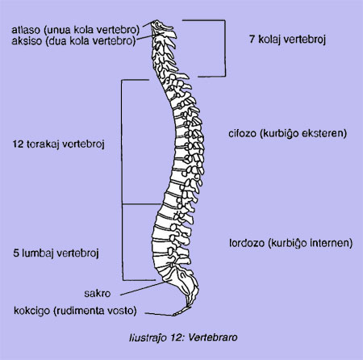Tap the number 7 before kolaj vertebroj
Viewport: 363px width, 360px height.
click(x=252, y=40)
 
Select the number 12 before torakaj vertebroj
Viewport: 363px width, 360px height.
click(x=18, y=144)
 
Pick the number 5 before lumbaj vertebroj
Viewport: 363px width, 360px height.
click(x=16, y=253)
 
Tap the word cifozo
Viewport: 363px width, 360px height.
click(x=242, y=133)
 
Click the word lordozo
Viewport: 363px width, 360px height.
click(x=247, y=243)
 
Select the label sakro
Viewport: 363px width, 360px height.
click(x=98, y=293)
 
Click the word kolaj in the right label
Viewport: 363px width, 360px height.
click(x=269, y=40)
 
